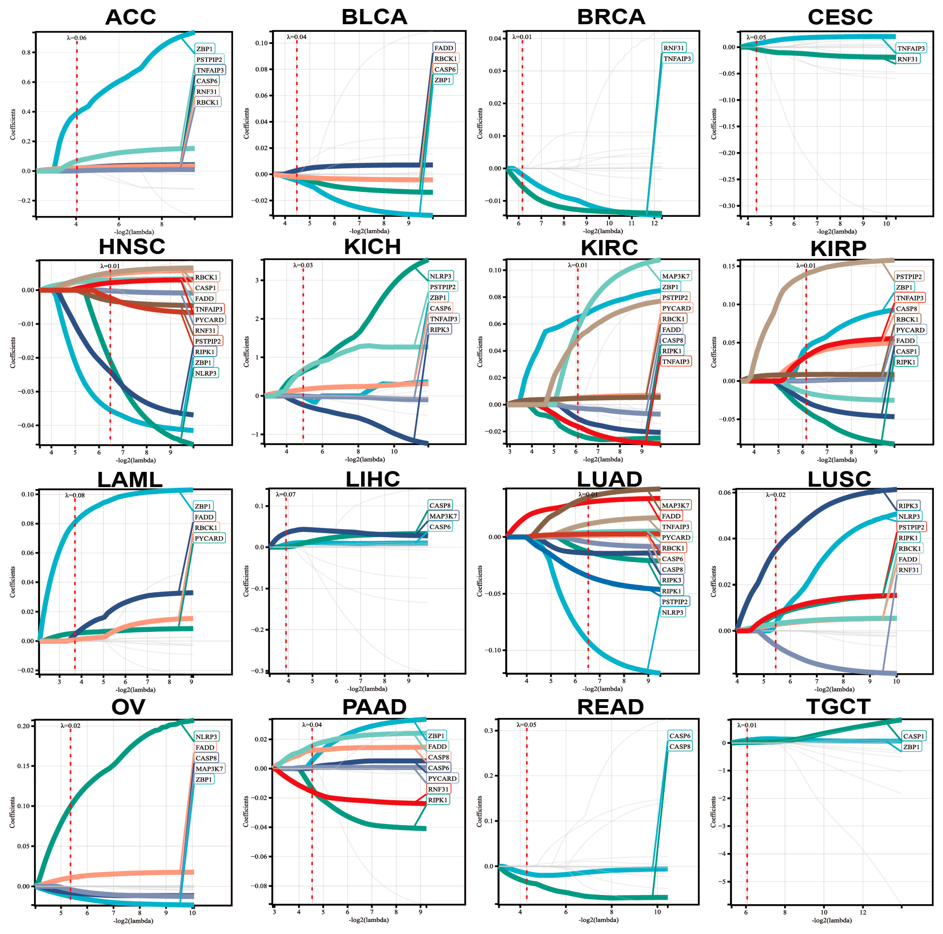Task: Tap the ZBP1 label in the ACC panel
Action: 205,49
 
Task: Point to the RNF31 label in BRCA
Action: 674,48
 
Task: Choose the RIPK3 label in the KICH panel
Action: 439,329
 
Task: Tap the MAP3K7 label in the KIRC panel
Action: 676,276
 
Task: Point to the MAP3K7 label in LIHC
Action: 443,516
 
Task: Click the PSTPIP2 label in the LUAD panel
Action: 675,602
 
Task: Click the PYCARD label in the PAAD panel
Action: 442,778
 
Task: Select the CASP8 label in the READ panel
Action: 679,747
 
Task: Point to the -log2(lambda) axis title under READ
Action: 598,920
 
